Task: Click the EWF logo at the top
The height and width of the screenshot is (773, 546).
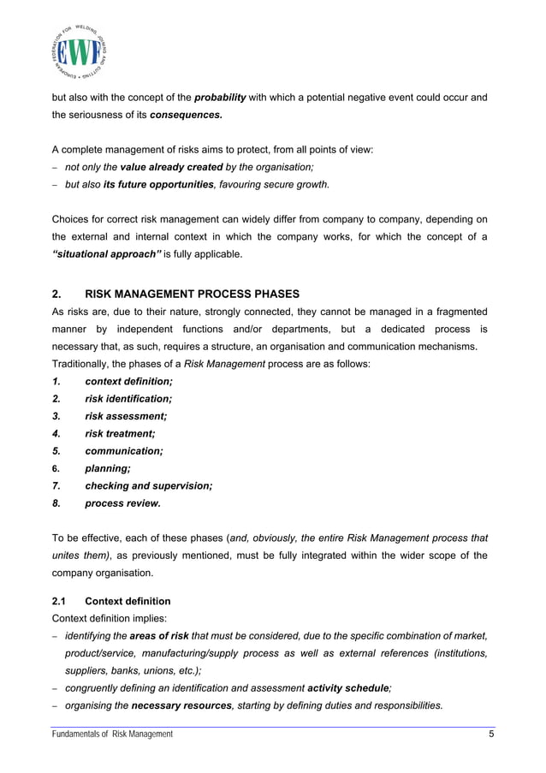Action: pyautogui.click(x=79, y=51)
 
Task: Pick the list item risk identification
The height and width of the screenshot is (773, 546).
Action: pyautogui.click(x=128, y=398)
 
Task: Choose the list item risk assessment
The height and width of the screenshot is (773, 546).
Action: pyautogui.click(x=126, y=416)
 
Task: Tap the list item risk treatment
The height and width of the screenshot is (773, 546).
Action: pyautogui.click(x=120, y=433)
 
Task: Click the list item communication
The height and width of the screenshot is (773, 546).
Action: pyautogui.click(x=123, y=450)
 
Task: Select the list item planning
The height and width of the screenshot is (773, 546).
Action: pyautogui.click(x=108, y=468)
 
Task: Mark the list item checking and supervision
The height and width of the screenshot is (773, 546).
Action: pyautogui.click(x=148, y=485)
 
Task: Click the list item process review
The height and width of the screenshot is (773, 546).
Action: pyautogui.click(x=122, y=503)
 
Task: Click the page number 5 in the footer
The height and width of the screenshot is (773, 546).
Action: pyautogui.click(x=490, y=734)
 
